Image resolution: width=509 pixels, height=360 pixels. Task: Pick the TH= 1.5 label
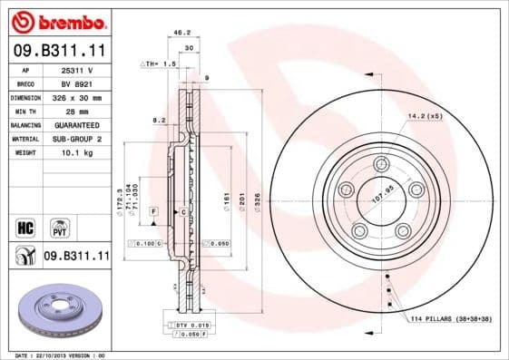click(156, 64)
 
